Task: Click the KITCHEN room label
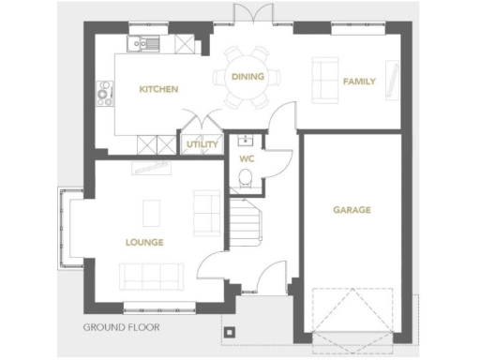click(158, 89)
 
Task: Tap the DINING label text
click(247, 77)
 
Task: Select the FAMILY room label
click(359, 82)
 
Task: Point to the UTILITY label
click(202, 144)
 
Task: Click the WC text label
click(247, 159)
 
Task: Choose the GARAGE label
click(352, 210)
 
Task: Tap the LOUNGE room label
click(144, 242)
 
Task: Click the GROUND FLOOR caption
click(121, 328)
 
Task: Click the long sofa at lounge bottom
click(150, 276)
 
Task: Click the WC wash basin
click(246, 142)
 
